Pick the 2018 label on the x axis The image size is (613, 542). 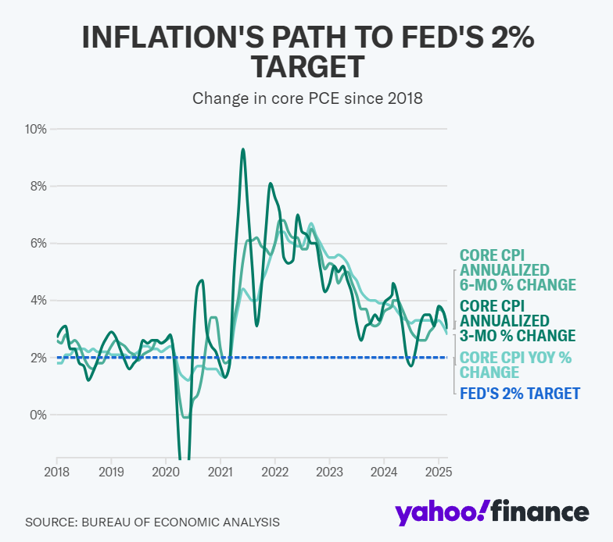click(56, 472)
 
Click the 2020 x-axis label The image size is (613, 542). click(166, 472)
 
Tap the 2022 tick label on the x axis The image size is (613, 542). click(275, 472)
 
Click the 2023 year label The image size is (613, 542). click(330, 472)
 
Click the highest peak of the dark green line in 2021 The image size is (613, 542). click(243, 149)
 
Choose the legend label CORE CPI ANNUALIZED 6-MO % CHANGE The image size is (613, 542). click(517, 270)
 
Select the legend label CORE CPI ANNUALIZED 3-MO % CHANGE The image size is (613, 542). click(517, 320)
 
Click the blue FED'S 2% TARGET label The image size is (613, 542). click(519, 394)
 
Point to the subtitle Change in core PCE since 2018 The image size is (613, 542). click(306, 98)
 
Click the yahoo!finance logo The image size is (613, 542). click(491, 512)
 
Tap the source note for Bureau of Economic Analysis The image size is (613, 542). click(152, 521)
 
